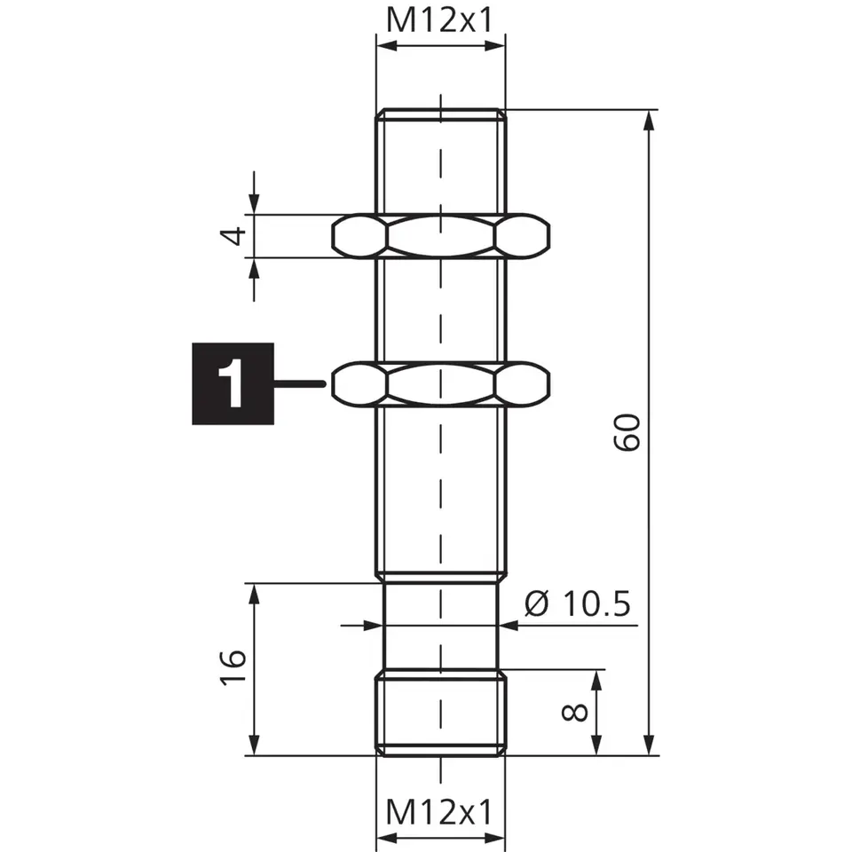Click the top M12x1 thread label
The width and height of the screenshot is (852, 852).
pos(439,20)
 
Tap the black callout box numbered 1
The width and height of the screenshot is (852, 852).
pos(233,383)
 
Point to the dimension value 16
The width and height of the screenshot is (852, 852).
pos(233,667)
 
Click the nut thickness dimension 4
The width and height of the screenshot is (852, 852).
pos(233,236)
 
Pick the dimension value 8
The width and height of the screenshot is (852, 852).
pos(574,713)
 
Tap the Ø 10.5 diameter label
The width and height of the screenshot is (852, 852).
pos(578,603)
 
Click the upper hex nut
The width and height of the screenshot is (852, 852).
pos(441,236)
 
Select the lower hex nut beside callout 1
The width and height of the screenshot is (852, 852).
pos(441,383)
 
